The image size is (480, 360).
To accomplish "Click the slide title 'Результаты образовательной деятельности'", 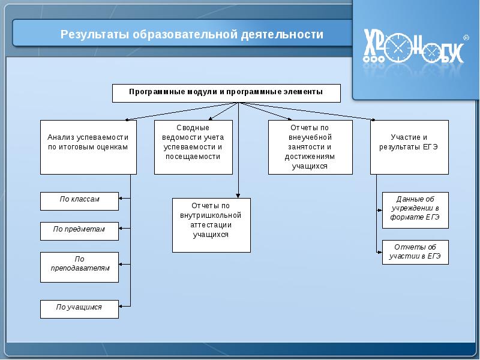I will point(191,34).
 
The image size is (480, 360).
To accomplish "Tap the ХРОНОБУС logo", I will point(414,48).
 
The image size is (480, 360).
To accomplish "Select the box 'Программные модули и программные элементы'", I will point(226,93).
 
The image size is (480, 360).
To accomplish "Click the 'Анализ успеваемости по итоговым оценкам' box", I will point(88,147).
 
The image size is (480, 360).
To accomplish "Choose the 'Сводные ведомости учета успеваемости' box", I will point(193,147).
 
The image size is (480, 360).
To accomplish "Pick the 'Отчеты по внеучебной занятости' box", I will point(310,147).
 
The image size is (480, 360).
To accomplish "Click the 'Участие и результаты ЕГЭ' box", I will point(409,147).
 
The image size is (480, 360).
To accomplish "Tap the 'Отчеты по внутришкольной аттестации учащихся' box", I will point(211,224).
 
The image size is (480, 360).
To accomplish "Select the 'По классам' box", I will point(79,201).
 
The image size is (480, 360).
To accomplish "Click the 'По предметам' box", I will point(79,231).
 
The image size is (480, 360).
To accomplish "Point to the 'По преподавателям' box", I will point(79,267).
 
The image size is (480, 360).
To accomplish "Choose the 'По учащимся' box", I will point(79,308).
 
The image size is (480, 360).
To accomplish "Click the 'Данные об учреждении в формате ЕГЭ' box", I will point(415,210).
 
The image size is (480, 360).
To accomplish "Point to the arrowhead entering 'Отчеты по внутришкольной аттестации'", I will point(238,195).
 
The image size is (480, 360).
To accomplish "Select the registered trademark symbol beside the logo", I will point(466,37).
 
